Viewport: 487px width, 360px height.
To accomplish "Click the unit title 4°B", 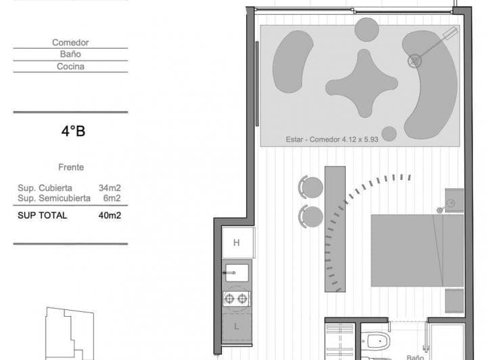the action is tap(73, 131).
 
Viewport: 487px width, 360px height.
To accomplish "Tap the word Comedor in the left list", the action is tap(70, 43).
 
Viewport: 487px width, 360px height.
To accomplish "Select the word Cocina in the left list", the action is tap(70, 66).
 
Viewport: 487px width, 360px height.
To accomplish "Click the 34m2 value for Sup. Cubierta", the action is tap(110, 188).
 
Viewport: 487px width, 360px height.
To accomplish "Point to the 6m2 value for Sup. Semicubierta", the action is tap(112, 198).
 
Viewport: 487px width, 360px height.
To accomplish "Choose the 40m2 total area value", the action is tap(110, 215).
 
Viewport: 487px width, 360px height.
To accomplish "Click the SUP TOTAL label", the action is tap(42, 215).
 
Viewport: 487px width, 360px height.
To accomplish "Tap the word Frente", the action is tap(71, 167).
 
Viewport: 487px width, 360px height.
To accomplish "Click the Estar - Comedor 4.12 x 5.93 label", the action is tap(332, 139).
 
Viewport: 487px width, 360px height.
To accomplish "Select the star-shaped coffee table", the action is tap(362, 83).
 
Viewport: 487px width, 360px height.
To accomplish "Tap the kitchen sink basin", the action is tap(237, 273).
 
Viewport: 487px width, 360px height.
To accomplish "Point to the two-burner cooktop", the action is tap(236, 299).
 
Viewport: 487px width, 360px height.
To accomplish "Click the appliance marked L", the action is tap(237, 327).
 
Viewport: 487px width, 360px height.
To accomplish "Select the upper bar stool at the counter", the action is tap(311, 187).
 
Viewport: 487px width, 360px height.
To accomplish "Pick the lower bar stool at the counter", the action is tap(311, 217).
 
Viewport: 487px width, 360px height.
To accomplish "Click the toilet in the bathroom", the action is tap(375, 341).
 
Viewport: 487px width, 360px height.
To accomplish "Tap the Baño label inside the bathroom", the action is tap(415, 357).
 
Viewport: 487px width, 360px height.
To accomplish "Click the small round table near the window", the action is tap(367, 30).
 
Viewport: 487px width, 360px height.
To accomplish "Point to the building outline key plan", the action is tap(70, 334).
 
